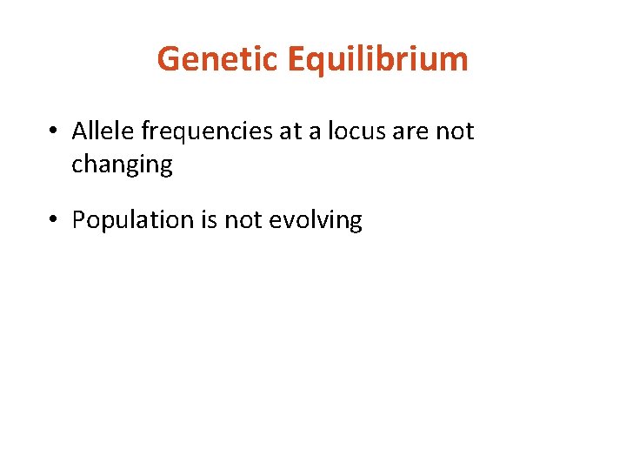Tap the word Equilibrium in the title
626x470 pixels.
point(376,59)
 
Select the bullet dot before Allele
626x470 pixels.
point(54,131)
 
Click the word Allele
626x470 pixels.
point(103,131)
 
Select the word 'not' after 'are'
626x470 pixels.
point(455,131)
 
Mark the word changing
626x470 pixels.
point(122,164)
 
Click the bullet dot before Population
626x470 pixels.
point(54,220)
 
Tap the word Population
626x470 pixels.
point(132,220)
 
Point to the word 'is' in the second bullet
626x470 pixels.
point(209,220)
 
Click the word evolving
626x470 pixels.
point(316,220)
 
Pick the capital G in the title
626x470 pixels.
point(169,59)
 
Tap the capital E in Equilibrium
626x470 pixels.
point(294,59)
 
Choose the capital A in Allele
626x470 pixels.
point(79,131)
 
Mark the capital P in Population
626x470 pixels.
point(78,220)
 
